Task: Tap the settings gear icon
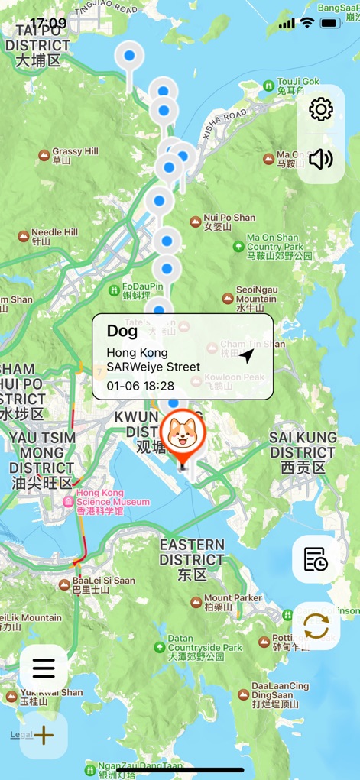click(321, 109)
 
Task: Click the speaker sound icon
click(321, 159)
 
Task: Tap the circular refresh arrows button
click(316, 626)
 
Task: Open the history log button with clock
click(316, 559)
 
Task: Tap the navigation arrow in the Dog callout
click(246, 356)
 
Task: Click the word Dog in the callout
click(122, 331)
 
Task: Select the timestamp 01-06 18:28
click(141, 386)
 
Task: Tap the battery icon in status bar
click(331, 23)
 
